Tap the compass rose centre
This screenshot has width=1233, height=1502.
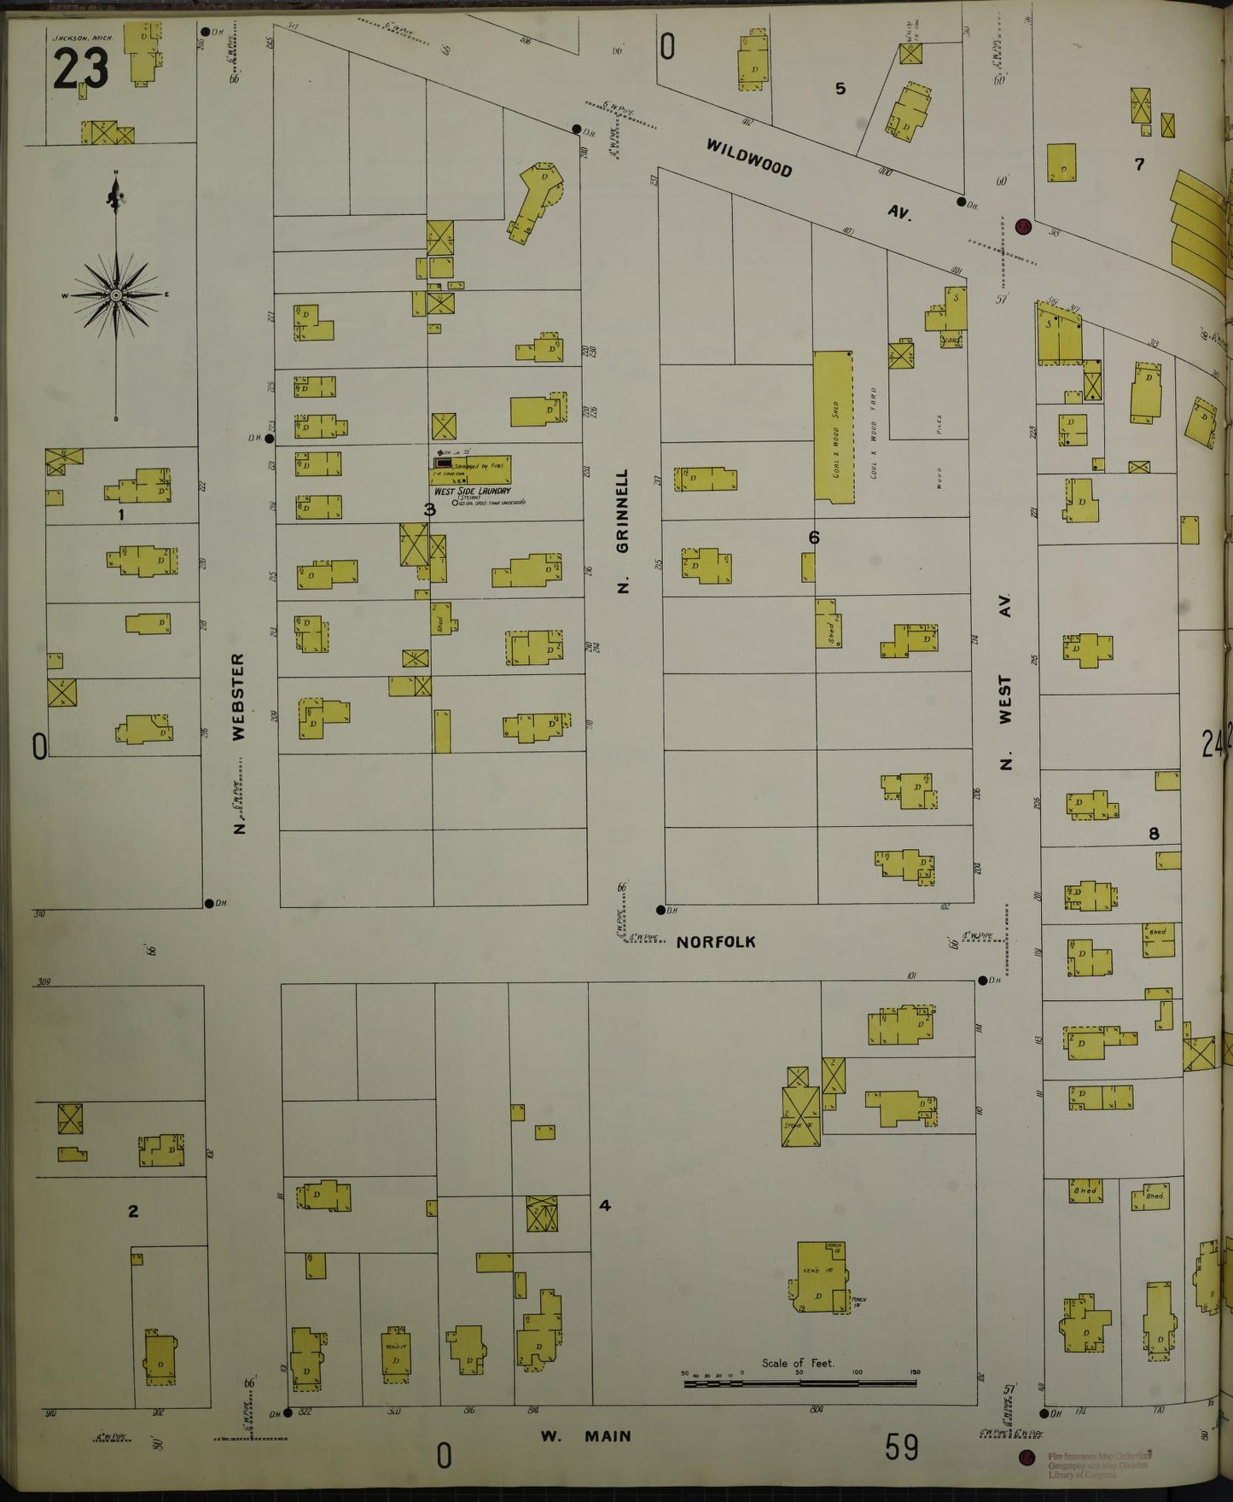(115, 295)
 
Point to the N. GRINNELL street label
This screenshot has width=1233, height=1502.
(622, 530)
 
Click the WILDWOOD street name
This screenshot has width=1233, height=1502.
(748, 158)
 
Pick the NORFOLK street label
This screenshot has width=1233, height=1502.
(716, 942)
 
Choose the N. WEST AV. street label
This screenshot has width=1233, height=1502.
(1006, 683)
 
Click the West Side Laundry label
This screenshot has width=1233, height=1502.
(472, 492)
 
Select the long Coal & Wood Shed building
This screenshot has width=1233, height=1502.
(834, 426)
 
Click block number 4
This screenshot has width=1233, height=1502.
(605, 1206)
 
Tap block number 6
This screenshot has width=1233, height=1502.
(814, 537)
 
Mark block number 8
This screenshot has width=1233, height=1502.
(1154, 834)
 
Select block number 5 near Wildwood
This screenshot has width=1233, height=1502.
(840, 88)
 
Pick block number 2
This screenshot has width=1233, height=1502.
(133, 1211)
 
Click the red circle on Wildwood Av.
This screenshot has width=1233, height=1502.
(1023, 227)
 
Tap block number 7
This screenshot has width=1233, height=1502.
(1139, 164)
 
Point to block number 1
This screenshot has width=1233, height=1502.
(121, 515)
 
